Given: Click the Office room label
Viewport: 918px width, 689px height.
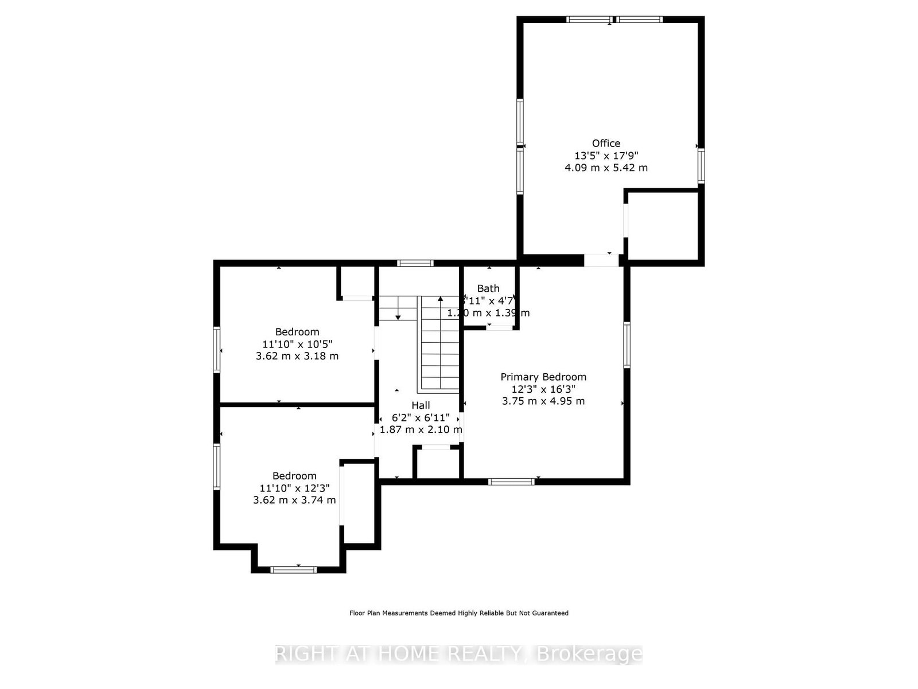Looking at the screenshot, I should pos(606,143).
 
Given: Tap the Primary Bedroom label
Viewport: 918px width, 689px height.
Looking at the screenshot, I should pos(543,377).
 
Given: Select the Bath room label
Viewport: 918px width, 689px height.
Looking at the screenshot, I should pos(488,288).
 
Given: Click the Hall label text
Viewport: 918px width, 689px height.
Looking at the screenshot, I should pos(421,405).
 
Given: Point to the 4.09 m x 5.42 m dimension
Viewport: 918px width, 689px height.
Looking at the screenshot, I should pos(606,168).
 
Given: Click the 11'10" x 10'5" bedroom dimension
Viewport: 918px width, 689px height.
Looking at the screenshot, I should pos(297,344).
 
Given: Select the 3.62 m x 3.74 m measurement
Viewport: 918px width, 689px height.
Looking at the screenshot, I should pos(294,500).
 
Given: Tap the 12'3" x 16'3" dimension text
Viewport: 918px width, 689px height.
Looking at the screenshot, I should pos(543,389).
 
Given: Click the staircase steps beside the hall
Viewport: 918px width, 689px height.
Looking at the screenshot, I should pos(440,344).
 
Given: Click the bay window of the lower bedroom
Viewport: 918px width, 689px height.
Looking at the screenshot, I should pos(293,570).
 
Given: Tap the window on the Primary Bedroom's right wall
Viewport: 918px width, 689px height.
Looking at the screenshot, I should pos(627,344).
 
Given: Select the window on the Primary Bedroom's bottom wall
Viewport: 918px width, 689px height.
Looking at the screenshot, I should pos(511,481).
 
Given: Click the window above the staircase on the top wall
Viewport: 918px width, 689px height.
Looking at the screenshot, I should pos(415,264).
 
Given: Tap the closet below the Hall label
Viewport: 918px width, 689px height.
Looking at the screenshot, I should pos(437,464).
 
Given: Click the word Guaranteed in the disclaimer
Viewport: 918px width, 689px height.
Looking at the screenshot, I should pos(549,613).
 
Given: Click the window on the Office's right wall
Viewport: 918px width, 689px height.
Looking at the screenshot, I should pos(701,166).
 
